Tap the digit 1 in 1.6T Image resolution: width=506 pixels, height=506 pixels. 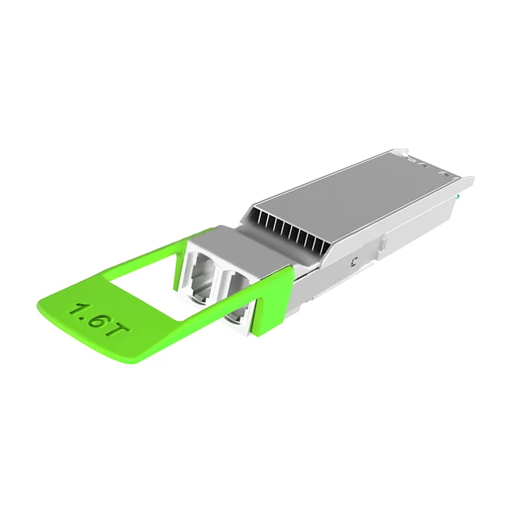(x=77, y=309)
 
